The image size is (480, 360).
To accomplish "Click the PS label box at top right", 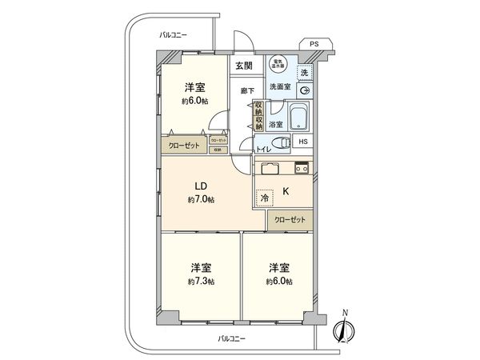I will tap(314, 44).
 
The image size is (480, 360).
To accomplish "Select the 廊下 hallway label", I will tap(247, 90).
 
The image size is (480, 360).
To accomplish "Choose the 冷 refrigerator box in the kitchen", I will tap(263, 197).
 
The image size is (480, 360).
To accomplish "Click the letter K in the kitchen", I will tap(286, 192).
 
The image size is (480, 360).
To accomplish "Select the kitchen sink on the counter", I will tap(268, 168).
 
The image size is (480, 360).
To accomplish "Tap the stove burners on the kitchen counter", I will tap(302, 167).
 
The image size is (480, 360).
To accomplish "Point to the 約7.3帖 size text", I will tap(201, 282).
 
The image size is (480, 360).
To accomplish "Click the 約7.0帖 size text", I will tap(201, 198).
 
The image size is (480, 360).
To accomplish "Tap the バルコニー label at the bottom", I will tap(232, 339).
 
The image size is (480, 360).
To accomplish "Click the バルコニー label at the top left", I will tap(172, 35).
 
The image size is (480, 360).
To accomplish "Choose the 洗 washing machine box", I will tap(304, 72).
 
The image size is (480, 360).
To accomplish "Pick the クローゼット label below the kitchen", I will tap(289, 219).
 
